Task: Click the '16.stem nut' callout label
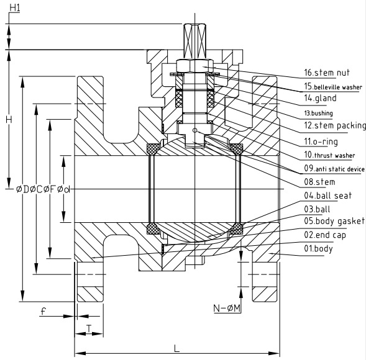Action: tap(327, 73)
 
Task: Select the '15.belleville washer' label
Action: tap(333, 86)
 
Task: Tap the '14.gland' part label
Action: tap(320, 98)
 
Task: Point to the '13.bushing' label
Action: tap(318, 114)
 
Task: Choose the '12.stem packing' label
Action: tap(335, 125)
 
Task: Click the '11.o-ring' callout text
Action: tap(321, 142)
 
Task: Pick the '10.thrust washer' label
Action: tap(329, 155)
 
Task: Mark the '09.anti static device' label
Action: tap(334, 169)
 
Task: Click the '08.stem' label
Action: tap(319, 182)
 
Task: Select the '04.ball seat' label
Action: tap(327, 196)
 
